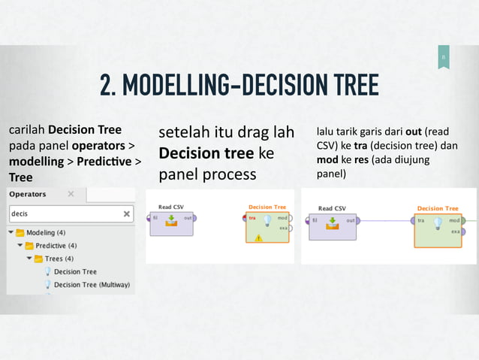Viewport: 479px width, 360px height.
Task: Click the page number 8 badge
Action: point(443,58)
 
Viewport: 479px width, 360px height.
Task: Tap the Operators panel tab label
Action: point(27,194)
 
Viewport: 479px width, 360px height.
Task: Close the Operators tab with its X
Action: point(71,194)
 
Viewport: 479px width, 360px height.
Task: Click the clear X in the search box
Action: point(126,213)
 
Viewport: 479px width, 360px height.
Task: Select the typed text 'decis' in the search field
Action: point(20,213)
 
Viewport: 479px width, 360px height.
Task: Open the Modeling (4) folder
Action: point(45,233)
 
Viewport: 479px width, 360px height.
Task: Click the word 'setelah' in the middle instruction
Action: point(183,135)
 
